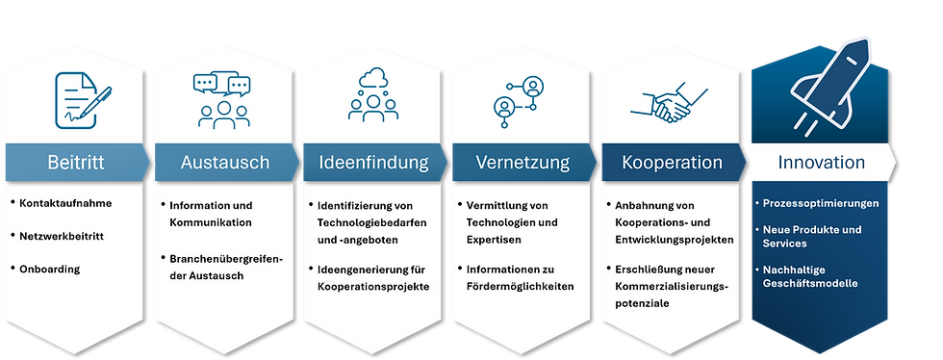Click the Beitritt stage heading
point(75,163)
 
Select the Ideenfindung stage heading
point(373,163)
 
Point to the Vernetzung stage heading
point(522,163)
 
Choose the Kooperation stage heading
point(672,163)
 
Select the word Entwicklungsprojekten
point(678,238)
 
